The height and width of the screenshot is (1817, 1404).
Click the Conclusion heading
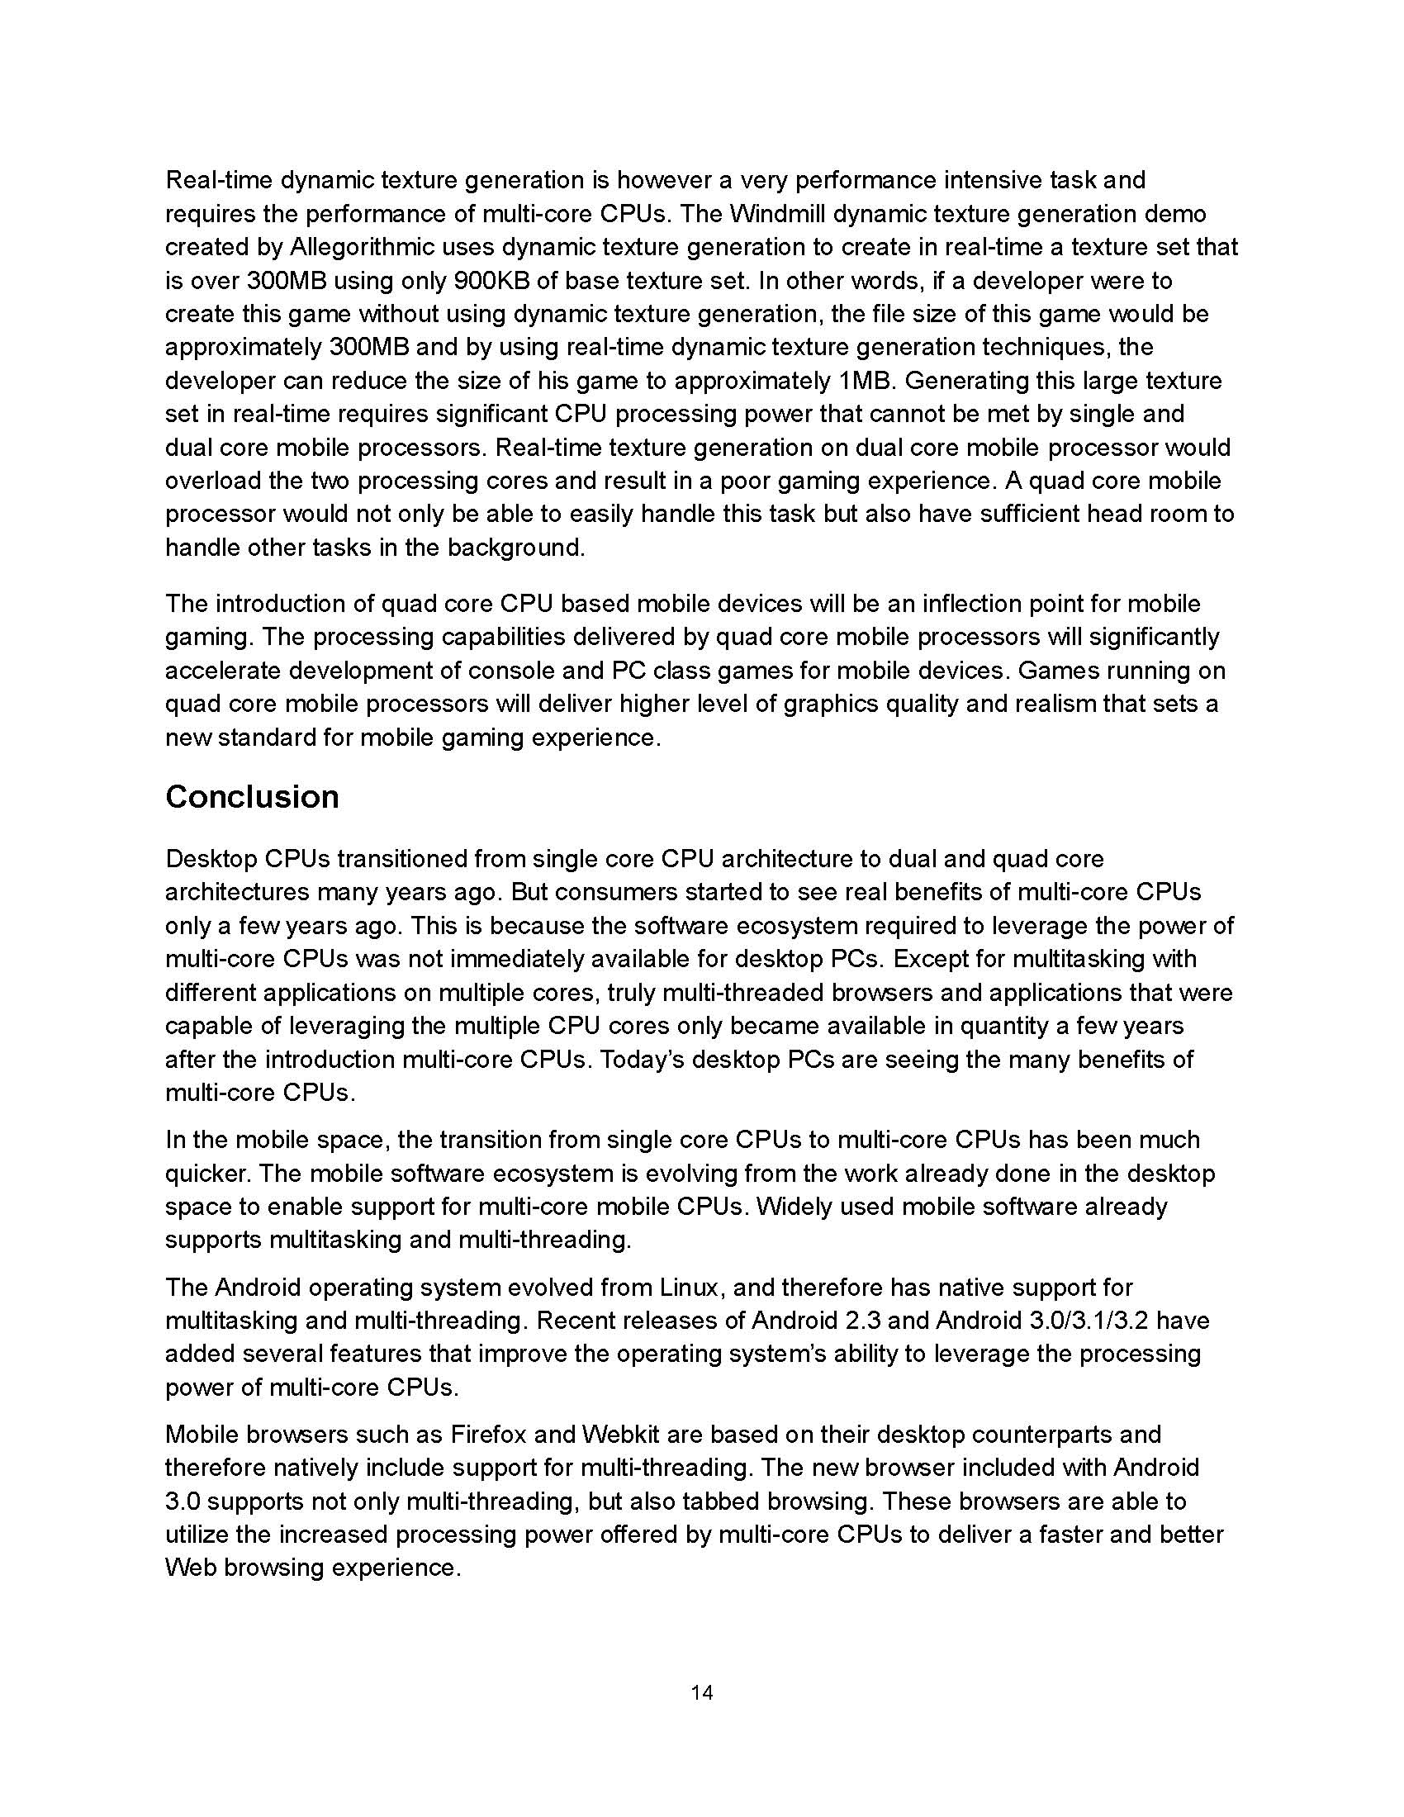pyautogui.click(x=252, y=797)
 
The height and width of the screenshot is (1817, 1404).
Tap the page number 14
pyautogui.click(x=701, y=1692)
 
